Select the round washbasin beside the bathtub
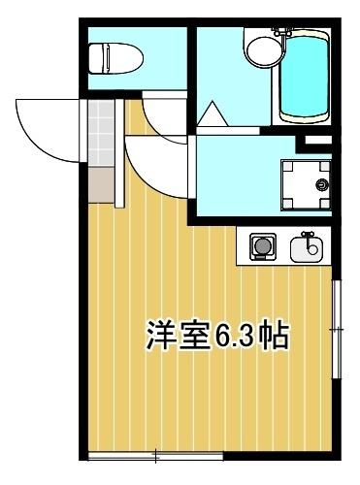point(260,48)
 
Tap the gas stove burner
point(261,248)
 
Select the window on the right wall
point(338,330)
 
